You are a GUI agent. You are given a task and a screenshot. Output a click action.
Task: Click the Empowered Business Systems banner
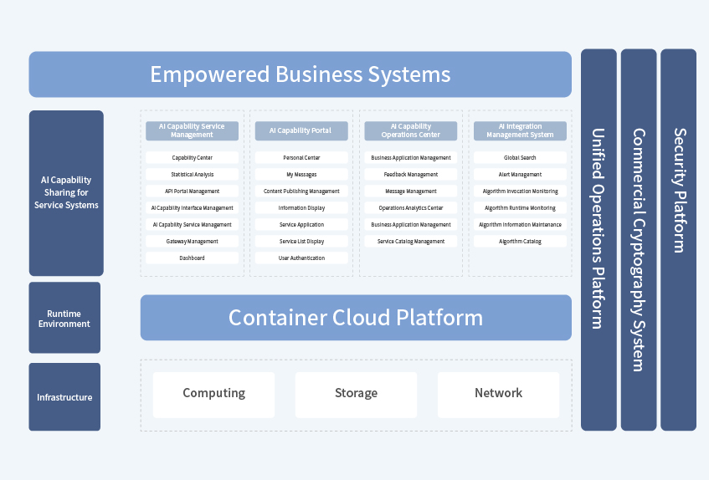(x=300, y=74)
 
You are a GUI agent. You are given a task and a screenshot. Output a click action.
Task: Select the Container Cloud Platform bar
(x=356, y=318)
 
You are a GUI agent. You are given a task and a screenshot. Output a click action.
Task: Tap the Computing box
(x=213, y=394)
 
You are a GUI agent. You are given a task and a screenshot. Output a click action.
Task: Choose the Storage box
(x=356, y=394)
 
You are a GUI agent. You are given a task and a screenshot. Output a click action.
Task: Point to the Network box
(x=498, y=394)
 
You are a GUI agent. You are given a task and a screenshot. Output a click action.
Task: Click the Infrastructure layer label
(x=64, y=397)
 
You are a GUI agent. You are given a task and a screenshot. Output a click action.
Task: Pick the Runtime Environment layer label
(x=64, y=318)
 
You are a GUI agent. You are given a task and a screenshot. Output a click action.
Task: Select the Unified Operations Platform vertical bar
(x=599, y=240)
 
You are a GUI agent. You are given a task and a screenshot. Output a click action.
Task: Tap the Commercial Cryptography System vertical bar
(x=638, y=240)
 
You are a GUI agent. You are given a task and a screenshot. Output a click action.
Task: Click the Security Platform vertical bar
(x=678, y=240)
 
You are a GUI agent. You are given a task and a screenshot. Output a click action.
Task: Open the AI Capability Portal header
(x=301, y=131)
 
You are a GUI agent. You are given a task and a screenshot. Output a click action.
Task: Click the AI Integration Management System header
(x=520, y=131)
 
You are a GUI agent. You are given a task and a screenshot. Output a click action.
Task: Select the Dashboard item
(x=192, y=258)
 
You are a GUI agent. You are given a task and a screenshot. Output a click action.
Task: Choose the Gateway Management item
(x=192, y=242)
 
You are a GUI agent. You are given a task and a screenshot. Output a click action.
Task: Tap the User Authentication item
(x=301, y=258)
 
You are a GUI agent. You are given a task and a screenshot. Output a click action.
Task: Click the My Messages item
(x=301, y=175)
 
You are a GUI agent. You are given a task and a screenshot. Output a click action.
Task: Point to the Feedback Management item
(x=411, y=175)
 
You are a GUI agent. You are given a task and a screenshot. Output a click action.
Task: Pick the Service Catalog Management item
(x=411, y=242)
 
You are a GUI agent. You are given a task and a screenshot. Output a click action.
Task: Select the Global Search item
(x=520, y=158)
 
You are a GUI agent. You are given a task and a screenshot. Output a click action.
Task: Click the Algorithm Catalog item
(x=520, y=242)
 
